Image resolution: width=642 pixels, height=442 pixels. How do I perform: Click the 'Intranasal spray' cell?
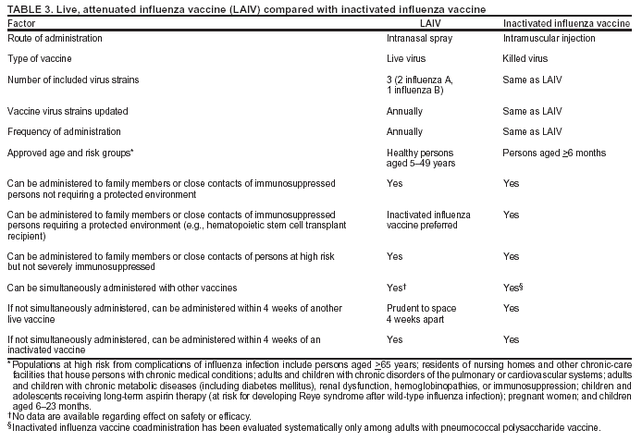[419, 39]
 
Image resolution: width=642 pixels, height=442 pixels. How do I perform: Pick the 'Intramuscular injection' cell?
[549, 39]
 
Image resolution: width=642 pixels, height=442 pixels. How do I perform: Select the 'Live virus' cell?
[408, 59]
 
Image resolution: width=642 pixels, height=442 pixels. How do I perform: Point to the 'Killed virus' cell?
[525, 59]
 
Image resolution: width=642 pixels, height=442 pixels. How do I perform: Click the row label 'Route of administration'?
[55, 39]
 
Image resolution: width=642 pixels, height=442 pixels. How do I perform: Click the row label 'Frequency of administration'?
[64, 131]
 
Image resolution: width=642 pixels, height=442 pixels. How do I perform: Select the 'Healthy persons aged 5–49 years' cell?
[422, 157]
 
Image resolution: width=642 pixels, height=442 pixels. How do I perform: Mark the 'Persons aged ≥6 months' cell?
[554, 152]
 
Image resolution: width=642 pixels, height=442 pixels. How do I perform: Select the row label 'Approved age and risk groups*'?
[70, 152]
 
